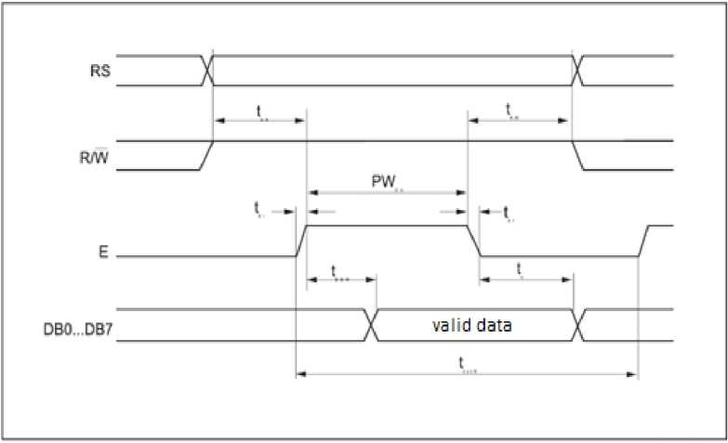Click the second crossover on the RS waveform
coord(577,70)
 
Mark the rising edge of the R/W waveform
coord(206,155)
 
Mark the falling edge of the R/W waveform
coord(577,155)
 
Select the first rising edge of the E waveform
coord(300,240)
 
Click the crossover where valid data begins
coord(372,325)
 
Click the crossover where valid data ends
coord(577,325)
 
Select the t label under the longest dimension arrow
coord(464,367)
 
